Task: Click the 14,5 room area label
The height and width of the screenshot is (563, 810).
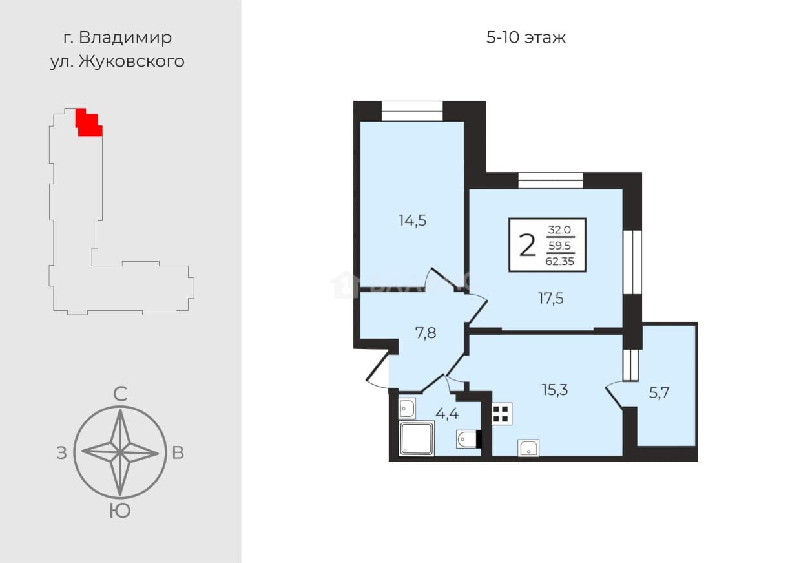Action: pos(412,220)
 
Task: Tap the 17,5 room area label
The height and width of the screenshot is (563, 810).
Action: pos(551,299)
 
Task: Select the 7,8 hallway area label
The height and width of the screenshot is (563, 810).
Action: pos(426,333)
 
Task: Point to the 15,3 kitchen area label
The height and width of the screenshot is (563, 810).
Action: pos(555,390)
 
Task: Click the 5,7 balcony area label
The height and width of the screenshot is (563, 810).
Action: pos(659,392)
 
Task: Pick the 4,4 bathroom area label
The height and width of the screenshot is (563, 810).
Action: pos(447,413)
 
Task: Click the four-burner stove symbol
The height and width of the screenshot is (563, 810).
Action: pos(501,414)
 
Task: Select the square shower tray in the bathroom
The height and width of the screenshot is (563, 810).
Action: pos(416,438)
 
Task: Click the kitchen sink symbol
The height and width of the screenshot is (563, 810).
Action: pos(528,448)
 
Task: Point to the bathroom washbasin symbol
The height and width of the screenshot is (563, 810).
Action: pos(407,409)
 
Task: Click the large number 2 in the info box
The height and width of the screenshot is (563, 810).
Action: pos(527,246)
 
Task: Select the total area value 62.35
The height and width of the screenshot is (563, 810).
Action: pos(560,261)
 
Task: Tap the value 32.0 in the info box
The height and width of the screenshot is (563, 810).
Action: pos(560,229)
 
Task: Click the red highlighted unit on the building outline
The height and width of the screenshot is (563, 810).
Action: pos(88,123)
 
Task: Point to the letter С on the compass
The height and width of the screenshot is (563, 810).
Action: pos(120,394)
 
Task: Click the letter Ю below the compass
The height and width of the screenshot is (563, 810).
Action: pos(120,511)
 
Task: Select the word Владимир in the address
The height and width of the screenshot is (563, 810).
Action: pos(125,37)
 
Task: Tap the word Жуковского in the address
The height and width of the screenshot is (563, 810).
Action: pos(132,61)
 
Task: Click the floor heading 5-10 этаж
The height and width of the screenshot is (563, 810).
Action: pos(526,37)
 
